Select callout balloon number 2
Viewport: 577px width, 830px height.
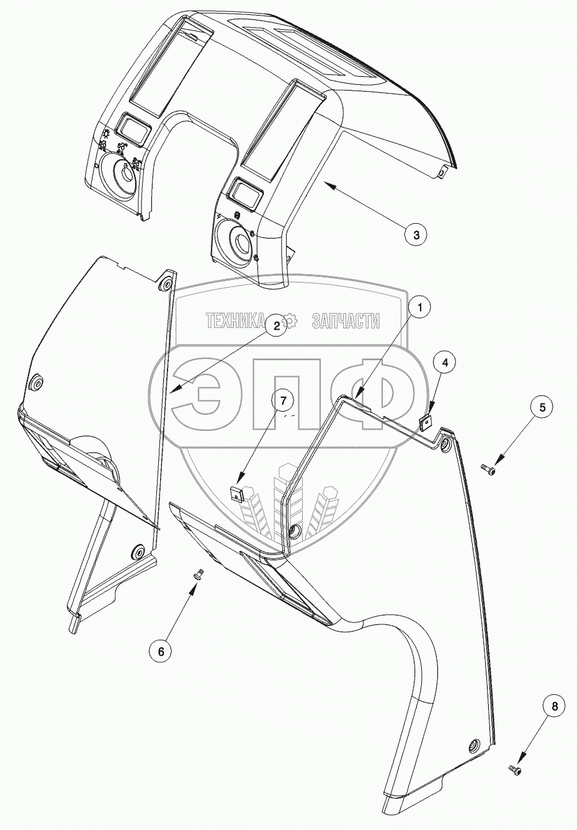pyautogui.click(x=277, y=327)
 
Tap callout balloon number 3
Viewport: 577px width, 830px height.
pyautogui.click(x=416, y=234)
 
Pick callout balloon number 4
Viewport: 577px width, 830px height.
pyautogui.click(x=449, y=361)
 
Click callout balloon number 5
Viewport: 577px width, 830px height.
pyautogui.click(x=542, y=407)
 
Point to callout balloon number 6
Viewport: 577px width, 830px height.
pyautogui.click(x=161, y=651)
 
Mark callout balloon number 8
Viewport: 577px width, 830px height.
pyautogui.click(x=554, y=705)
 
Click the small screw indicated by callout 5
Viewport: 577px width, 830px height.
pyautogui.click(x=489, y=470)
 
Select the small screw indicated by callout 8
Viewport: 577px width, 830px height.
pyautogui.click(x=514, y=770)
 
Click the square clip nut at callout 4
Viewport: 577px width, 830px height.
pyautogui.click(x=426, y=423)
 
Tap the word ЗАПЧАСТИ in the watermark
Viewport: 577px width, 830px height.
pyautogui.click(x=346, y=320)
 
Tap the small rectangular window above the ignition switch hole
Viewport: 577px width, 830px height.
pyautogui.click(x=133, y=126)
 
